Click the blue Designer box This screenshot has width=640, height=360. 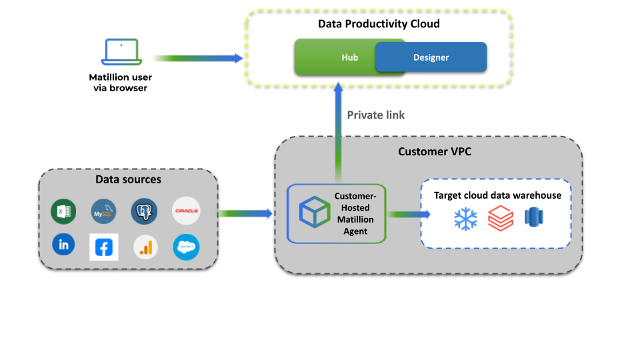click(431, 57)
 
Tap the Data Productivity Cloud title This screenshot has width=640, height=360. click(379, 24)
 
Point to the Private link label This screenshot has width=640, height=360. click(375, 115)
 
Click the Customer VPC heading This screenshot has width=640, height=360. click(435, 151)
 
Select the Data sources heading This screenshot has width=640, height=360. click(128, 179)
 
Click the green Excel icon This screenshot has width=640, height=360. click(63, 211)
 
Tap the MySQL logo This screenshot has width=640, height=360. click(103, 211)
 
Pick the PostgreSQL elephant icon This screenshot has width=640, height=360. click(144, 211)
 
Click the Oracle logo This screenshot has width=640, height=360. click(186, 211)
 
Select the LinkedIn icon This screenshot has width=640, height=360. click(63, 245)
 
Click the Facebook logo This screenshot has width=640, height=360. click(104, 247)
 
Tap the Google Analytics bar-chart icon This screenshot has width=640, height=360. click(145, 247)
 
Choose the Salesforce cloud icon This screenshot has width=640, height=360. click(186, 247)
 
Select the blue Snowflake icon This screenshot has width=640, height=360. click(465, 219)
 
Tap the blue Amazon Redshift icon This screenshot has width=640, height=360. click(535, 217)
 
